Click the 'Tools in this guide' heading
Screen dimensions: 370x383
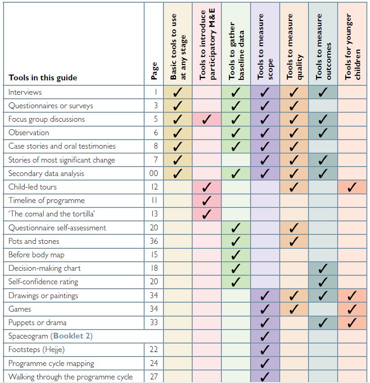(43, 78)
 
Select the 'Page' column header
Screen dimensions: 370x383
(154, 71)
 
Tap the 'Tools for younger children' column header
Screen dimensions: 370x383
(352, 47)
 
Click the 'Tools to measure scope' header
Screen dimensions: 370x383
(265, 47)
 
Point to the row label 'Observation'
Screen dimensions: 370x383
(29, 132)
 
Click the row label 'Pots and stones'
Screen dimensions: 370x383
(34, 241)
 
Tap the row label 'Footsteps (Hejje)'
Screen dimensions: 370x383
(36, 349)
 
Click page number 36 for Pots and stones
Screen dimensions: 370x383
(154, 241)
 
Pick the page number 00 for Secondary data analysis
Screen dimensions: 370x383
(154, 173)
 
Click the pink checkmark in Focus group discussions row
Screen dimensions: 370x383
(207, 119)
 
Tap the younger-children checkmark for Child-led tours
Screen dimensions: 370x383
(352, 187)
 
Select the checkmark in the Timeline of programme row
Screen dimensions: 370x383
(207, 201)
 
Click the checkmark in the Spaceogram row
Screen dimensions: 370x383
(265, 336)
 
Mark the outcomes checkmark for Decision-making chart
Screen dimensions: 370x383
(323, 269)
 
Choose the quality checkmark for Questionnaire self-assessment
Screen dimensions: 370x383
(294, 228)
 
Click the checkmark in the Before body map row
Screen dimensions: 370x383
(236, 255)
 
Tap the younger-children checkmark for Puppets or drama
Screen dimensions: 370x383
(352, 323)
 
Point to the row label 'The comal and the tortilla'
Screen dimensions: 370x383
(52, 214)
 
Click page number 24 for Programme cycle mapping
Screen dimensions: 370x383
(154, 363)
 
